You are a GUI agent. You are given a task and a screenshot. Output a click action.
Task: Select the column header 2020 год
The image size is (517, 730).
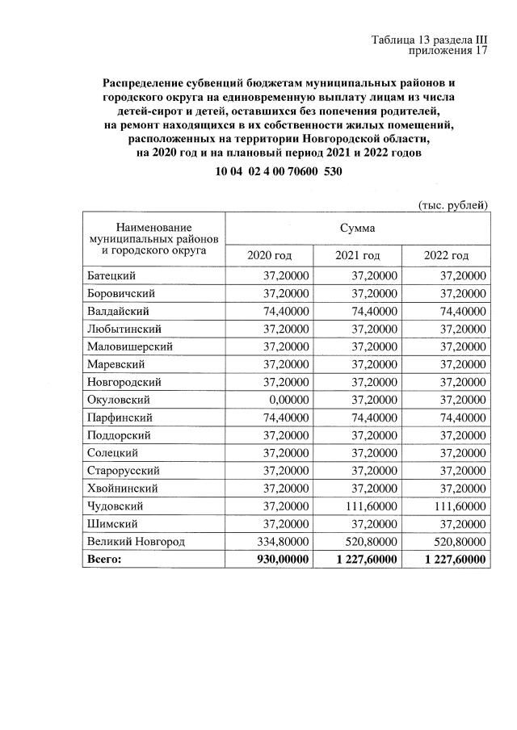coord(269,256)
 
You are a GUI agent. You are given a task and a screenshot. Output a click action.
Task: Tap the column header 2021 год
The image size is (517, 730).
coord(357,256)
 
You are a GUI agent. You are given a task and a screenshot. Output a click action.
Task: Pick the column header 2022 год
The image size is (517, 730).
coord(446,256)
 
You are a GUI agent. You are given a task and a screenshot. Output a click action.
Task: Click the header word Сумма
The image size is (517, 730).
coord(357,228)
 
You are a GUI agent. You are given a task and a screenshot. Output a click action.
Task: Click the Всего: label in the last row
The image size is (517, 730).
coord(104,560)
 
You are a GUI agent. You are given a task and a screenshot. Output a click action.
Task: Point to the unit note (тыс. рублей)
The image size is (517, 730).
coord(452,205)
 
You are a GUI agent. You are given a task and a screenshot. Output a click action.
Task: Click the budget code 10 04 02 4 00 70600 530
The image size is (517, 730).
coord(274,172)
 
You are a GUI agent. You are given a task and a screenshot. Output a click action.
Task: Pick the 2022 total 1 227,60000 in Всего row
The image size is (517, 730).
coord(451,560)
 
